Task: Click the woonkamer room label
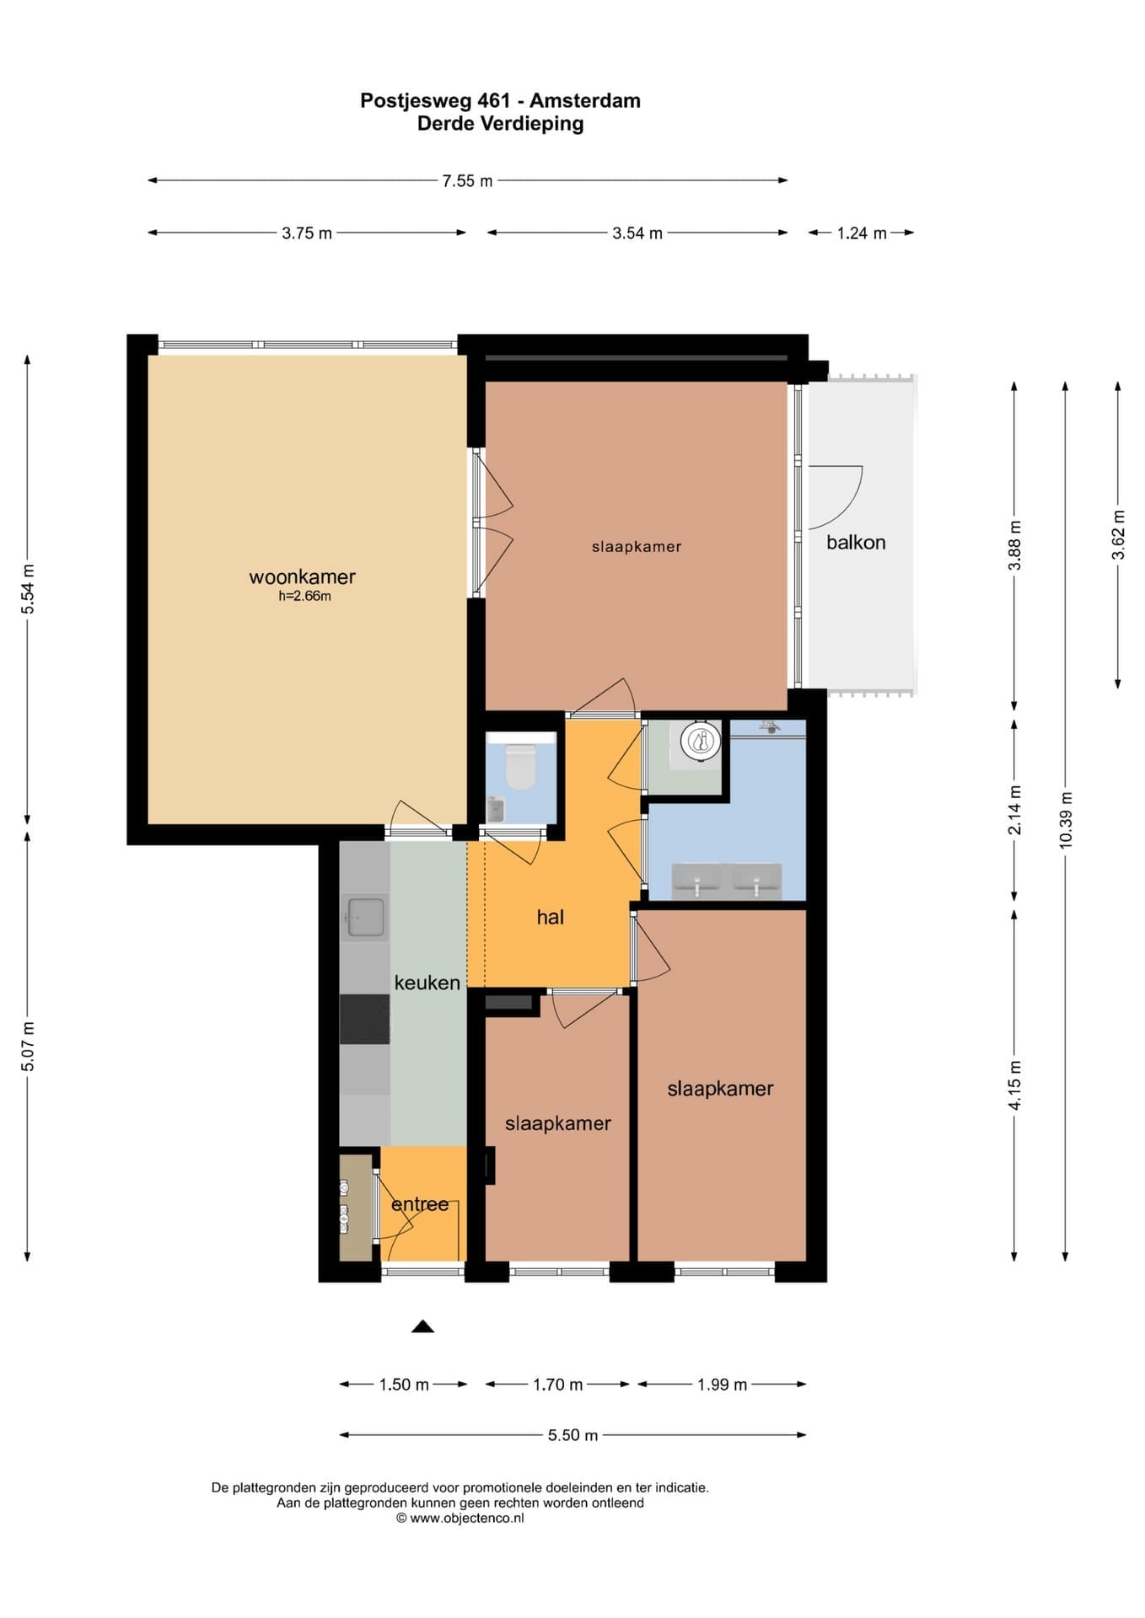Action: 302,576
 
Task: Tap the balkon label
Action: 856,542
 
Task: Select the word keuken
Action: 427,983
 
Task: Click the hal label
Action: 551,917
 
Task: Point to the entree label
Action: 420,1204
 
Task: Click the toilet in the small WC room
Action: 519,765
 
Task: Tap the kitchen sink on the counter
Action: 366,918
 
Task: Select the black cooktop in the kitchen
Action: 364,1019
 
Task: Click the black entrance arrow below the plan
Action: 422,1326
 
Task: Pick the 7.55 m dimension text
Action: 467,180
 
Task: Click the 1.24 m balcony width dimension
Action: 862,233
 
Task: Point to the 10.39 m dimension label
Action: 1066,820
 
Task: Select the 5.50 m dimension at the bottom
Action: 572,1435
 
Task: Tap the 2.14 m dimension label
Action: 1014,810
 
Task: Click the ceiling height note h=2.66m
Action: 304,597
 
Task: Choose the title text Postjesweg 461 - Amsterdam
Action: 500,100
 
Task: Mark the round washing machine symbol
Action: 701,742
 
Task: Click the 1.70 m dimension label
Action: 557,1385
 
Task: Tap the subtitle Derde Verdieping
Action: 500,124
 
